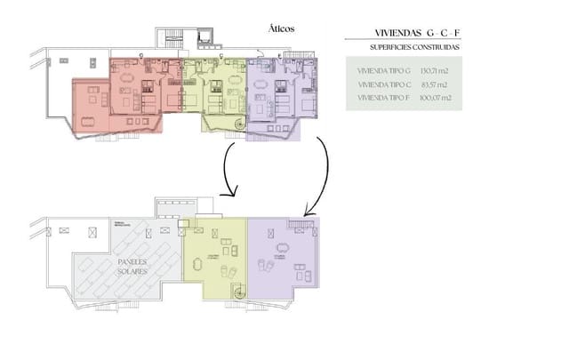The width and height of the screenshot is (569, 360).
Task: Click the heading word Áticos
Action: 281,28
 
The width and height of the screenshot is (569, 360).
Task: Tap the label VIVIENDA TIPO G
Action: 383,69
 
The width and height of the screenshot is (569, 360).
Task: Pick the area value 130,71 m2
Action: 435,69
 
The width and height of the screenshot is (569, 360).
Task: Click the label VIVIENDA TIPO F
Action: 383,98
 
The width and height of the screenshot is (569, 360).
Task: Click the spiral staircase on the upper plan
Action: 237,124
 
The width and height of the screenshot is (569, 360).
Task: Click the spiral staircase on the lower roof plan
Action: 237,292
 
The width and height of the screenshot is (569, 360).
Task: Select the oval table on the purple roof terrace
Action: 283,248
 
